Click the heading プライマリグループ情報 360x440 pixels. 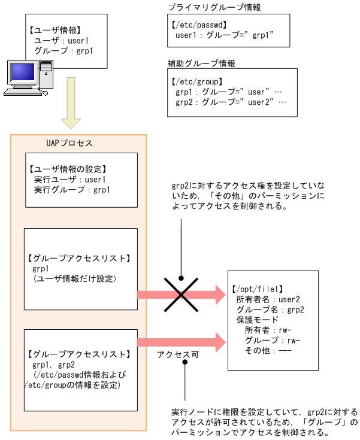click(205, 8)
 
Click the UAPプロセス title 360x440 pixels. click(69, 144)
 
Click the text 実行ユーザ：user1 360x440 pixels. click(71, 180)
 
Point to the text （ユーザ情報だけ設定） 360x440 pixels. click(77, 278)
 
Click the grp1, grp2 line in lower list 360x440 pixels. click(54, 365)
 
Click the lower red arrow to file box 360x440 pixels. click(180, 342)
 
